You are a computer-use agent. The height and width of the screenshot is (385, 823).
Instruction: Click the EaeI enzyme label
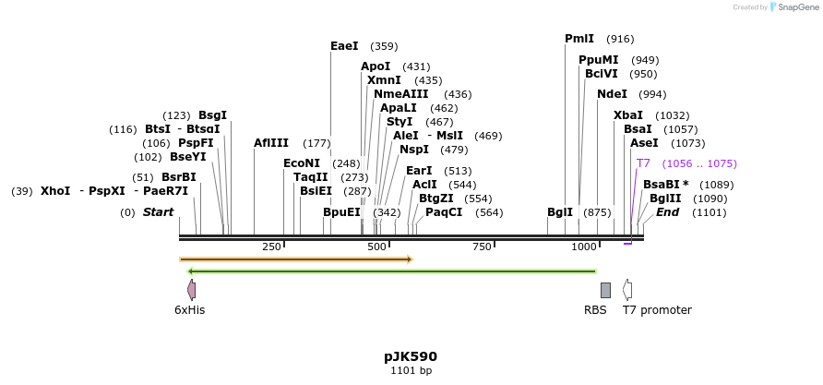pos(344,45)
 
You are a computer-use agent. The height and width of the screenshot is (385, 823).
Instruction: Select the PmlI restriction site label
pos(579,39)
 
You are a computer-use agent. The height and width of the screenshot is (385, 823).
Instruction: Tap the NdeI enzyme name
pos(612,94)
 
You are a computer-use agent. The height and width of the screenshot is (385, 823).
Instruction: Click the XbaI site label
pos(628,115)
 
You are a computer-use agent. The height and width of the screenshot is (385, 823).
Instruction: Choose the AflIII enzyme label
pos(271,143)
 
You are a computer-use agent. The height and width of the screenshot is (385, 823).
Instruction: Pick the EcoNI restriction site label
pos(302,163)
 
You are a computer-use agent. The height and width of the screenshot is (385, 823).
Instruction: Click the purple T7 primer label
pos(643,163)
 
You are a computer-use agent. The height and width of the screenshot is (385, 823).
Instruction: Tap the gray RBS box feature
pos(605,290)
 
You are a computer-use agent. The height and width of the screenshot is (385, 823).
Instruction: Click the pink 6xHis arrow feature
pos(191,290)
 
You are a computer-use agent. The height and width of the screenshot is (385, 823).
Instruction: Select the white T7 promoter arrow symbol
pos(627,290)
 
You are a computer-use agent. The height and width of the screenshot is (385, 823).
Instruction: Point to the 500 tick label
pos(376,247)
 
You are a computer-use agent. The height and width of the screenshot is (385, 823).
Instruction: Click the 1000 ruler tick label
pos(584,247)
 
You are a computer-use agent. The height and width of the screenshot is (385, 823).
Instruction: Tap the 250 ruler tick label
pos(271,247)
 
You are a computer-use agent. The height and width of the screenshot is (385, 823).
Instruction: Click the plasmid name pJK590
pos(411,356)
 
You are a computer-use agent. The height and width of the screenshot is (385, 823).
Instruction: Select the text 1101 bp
pos(411,370)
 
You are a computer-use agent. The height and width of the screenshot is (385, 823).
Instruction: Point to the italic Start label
pos(158,212)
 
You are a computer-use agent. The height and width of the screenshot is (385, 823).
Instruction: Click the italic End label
pos(667,212)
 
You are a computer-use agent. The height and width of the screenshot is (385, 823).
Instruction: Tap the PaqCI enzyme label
pos(444,212)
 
